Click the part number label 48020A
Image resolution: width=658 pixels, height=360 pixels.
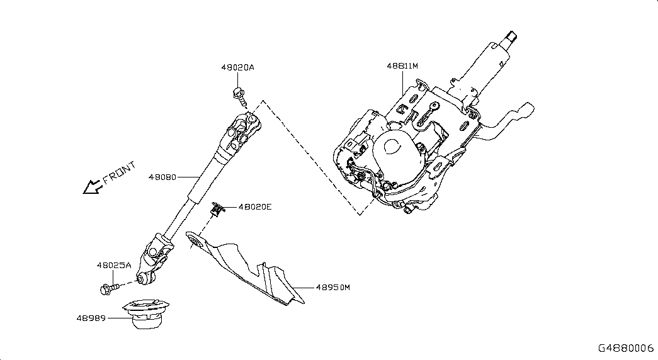(x=237, y=67)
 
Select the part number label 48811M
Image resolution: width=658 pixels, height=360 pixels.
(x=402, y=66)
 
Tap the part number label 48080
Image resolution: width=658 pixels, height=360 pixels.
(x=162, y=177)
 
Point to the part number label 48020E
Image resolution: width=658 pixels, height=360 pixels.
(x=255, y=207)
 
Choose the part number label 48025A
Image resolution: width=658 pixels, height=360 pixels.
(x=114, y=265)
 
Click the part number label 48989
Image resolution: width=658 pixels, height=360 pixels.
(x=91, y=318)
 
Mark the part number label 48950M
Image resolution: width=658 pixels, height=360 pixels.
(x=332, y=288)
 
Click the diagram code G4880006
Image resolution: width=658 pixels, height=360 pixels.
(x=626, y=348)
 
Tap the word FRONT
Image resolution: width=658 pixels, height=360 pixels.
(x=120, y=172)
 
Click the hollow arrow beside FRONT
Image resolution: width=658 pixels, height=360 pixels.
(x=92, y=187)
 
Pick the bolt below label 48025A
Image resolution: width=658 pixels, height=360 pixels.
(x=109, y=288)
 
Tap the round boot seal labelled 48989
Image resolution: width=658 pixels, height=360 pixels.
(x=147, y=313)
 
